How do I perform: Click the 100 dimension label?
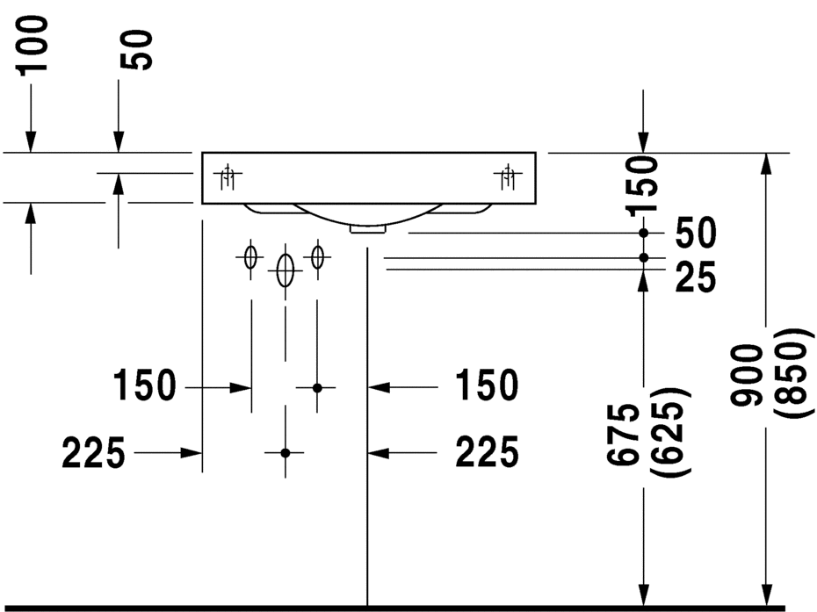tap(33, 46)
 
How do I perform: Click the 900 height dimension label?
tap(746, 375)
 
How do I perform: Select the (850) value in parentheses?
tap(793, 373)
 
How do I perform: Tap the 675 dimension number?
tap(623, 434)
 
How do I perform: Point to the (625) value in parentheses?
tap(670, 431)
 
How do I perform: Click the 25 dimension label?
tap(696, 277)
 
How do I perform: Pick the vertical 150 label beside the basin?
tap(642, 186)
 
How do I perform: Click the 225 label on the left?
tap(94, 452)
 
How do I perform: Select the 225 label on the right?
tap(488, 451)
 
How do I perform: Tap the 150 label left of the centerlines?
tap(145, 385)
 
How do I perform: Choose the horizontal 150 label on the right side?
tap(488, 385)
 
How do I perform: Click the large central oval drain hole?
tap(285, 270)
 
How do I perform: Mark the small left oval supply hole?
tap(250, 256)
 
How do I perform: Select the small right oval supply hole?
tap(317, 256)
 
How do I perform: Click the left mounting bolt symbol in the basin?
tap(228, 177)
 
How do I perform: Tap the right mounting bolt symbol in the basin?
tap(508, 177)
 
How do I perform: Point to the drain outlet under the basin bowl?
tap(368, 228)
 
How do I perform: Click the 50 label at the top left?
tap(136, 50)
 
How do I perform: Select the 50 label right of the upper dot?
tap(696, 233)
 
